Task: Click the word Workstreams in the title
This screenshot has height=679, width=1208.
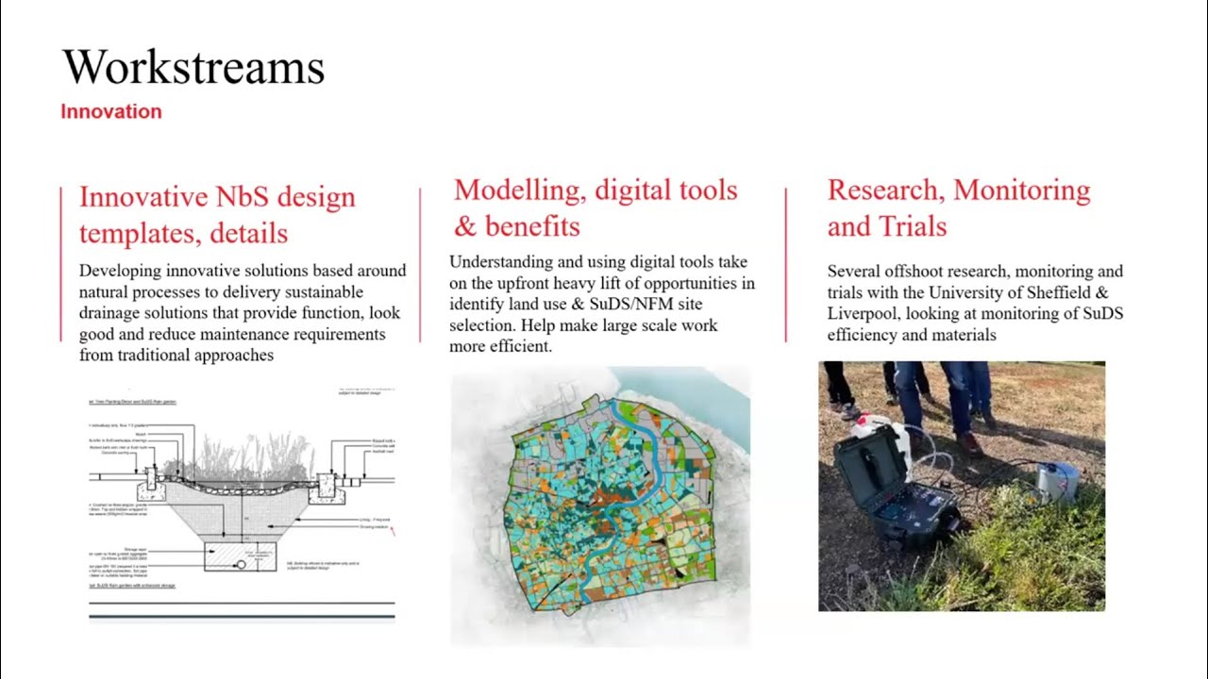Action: click(x=193, y=68)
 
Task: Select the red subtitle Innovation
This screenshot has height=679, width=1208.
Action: click(x=111, y=111)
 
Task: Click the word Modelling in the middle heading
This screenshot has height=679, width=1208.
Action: click(x=519, y=190)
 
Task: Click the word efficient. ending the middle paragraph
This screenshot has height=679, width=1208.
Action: click(x=519, y=347)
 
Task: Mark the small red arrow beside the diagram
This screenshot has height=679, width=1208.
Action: click(x=392, y=532)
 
